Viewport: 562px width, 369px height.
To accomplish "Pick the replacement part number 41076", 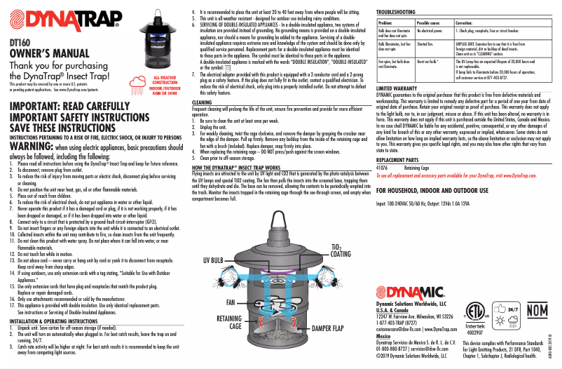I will coord(383,168).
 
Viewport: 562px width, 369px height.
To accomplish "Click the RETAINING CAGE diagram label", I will coord(229,322).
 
